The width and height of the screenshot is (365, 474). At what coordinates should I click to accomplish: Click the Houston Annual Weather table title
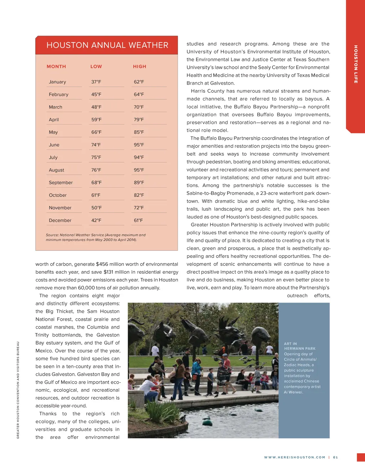point(107,45)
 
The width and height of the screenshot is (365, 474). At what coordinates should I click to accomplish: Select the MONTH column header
point(56,67)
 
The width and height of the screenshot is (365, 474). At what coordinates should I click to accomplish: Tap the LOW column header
point(96,67)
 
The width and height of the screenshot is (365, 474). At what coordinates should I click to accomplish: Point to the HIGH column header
point(139,67)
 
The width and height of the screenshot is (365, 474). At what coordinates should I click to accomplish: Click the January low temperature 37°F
point(96,82)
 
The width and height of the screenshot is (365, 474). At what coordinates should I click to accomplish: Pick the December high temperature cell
point(138,221)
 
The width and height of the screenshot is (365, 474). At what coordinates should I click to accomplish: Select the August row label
point(57,170)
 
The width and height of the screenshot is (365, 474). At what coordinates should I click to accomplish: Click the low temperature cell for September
point(96,183)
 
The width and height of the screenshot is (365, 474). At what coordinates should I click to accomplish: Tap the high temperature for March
point(139,107)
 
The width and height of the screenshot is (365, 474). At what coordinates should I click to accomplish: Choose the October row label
point(58,195)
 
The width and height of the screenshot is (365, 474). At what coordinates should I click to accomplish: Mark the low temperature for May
point(96,132)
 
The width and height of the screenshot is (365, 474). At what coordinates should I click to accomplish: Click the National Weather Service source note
point(96,237)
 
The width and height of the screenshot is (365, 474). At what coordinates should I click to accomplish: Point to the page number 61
point(335,457)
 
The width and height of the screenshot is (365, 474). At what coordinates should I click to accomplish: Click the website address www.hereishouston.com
point(294,457)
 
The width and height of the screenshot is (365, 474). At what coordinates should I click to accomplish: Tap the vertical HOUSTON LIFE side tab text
point(355,64)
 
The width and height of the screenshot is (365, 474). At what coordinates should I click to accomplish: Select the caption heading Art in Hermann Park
point(299,346)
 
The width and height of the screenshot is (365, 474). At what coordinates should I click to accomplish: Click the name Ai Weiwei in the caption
point(293,392)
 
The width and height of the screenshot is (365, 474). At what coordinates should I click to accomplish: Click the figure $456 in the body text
point(102,264)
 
